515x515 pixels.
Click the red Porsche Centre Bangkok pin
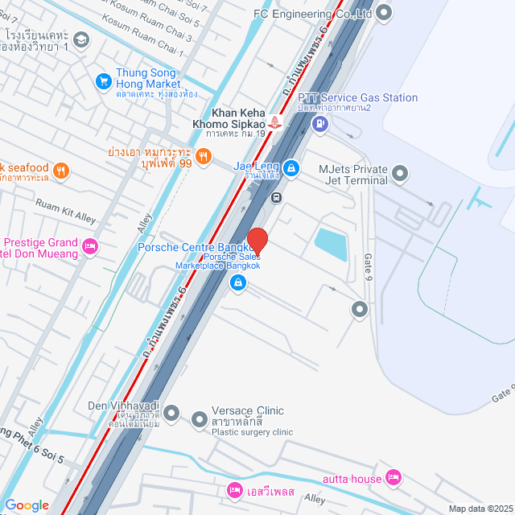[257, 241]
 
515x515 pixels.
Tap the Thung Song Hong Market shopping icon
[103, 80]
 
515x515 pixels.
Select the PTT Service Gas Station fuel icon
[319, 123]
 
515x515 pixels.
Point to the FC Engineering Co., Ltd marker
[384, 12]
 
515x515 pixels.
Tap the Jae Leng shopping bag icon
[291, 167]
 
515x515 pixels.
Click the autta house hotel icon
[393, 478]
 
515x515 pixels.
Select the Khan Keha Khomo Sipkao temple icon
[276, 122]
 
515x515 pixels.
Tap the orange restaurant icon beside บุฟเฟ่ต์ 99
[204, 156]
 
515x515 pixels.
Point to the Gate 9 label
[369, 266]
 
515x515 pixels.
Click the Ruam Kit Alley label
[65, 211]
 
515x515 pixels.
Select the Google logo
[27, 505]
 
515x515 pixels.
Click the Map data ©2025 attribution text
[480, 508]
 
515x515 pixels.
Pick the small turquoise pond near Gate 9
[331, 244]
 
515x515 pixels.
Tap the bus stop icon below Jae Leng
[276, 196]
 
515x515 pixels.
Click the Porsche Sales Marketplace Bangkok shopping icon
[238, 282]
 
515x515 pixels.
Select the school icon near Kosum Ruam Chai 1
[80, 39]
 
